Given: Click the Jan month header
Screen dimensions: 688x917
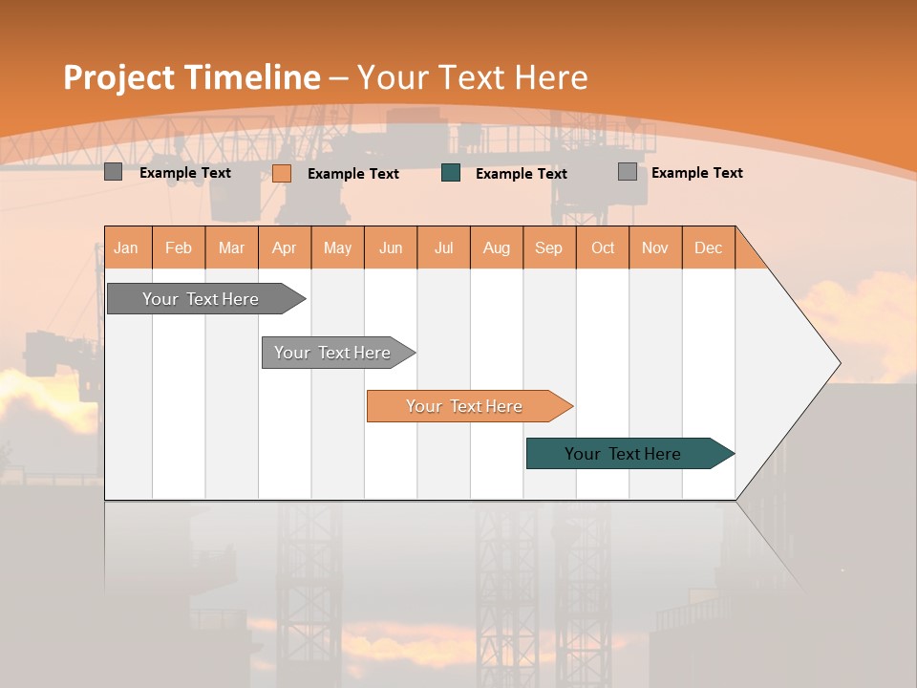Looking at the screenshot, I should coord(127,247).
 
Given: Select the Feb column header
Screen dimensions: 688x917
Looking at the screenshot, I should coord(179,247).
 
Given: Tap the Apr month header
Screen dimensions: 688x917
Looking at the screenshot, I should coord(285,247).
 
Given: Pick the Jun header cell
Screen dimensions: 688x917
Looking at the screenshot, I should coord(391,247).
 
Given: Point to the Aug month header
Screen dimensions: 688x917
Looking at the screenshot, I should coord(497,247).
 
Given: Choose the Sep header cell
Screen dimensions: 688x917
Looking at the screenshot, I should coord(549,247).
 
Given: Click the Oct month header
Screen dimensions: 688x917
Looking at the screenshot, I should coord(603,247).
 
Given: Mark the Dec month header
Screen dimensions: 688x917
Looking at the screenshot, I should coord(709,247).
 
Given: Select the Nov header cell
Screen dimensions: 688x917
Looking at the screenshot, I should coord(655,247).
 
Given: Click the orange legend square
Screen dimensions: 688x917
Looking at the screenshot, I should coord(282,173).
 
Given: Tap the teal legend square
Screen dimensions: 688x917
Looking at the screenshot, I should coord(451,173).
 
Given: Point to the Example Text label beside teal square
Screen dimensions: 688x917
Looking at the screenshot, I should coord(521,174).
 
